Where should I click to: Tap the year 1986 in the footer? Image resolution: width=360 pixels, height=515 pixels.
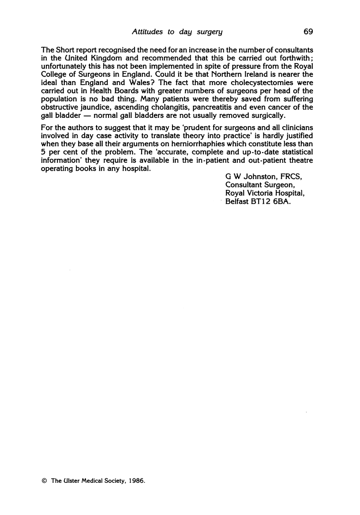pos(136,481)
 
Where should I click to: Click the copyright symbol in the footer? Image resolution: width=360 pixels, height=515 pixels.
pos(44,481)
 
